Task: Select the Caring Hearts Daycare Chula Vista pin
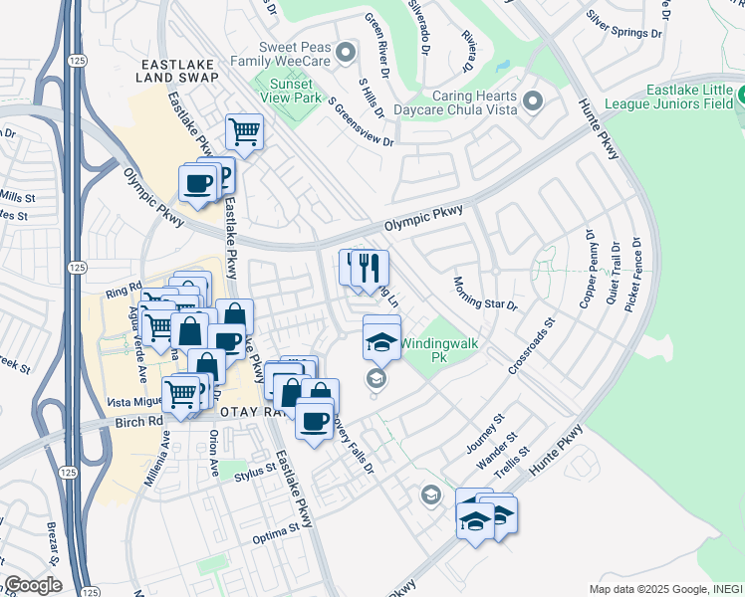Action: (x=532, y=101)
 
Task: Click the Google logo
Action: (x=33, y=584)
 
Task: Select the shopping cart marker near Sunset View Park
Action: (x=243, y=130)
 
